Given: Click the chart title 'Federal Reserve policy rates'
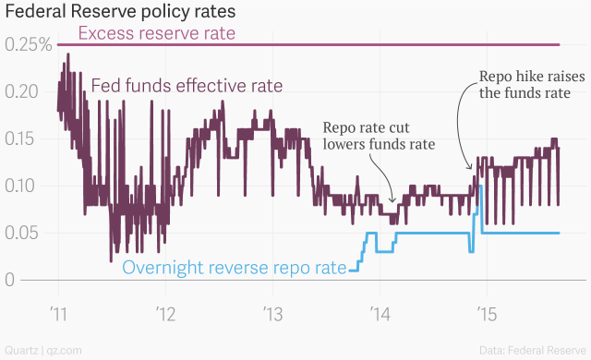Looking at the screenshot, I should pos(120,13).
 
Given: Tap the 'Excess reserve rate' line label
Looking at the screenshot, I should pos(157,34).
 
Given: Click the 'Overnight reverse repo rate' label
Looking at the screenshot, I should pos(235,269).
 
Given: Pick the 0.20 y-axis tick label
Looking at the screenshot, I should pos(24,92).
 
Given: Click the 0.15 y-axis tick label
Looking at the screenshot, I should pos(24,138).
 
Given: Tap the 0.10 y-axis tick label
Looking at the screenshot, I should pos(24,186).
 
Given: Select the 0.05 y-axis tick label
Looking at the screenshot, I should pos(24,233).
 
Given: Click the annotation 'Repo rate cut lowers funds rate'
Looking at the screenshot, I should pos(379,136).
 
